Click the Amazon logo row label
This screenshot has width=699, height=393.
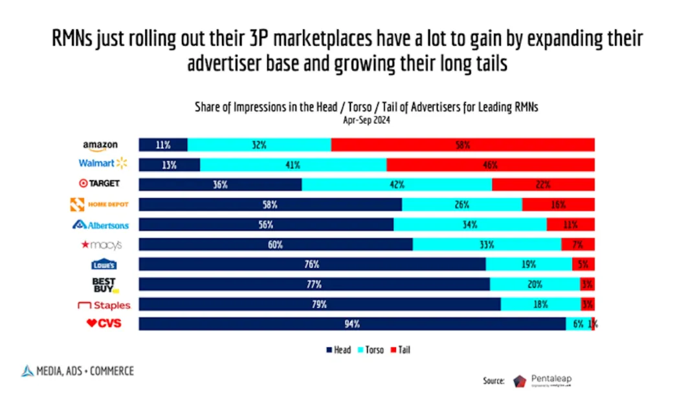(100, 146)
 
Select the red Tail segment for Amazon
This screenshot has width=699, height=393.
(463, 146)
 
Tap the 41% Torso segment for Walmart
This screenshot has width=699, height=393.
(293, 165)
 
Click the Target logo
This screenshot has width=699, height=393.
(100, 184)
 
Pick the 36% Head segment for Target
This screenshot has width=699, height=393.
(220, 185)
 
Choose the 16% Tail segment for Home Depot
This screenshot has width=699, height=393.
(558, 205)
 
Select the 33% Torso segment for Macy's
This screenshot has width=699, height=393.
(487, 245)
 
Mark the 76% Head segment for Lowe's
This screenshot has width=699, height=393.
(312, 265)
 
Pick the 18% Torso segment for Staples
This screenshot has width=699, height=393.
(540, 304)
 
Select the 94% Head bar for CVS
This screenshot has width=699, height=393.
(352, 324)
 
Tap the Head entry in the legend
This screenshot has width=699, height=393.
(338, 350)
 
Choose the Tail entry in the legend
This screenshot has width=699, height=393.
(400, 350)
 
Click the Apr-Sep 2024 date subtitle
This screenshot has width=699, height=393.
(367, 119)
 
